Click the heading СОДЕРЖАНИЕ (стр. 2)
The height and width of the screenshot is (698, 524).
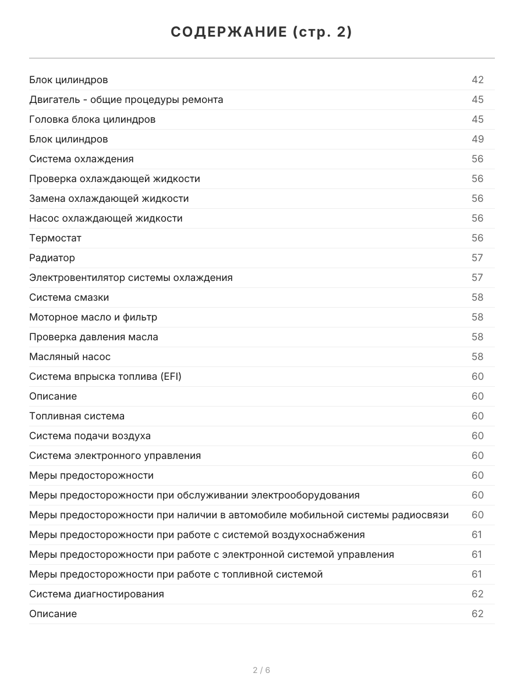[x=261, y=33]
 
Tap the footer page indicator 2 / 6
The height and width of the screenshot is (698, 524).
[x=261, y=670]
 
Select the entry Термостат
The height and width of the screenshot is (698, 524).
[x=55, y=238]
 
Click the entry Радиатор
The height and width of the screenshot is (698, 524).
[x=52, y=258]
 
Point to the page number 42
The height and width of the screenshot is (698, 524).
[x=477, y=80]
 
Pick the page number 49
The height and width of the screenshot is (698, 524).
[x=477, y=139]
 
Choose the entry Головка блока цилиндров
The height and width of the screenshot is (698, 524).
[x=92, y=119]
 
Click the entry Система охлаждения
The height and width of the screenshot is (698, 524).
[x=81, y=159]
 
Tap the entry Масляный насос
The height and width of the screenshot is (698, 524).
[x=70, y=357]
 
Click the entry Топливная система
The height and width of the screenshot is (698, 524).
[x=77, y=416]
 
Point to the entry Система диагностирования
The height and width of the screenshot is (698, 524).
[x=96, y=594]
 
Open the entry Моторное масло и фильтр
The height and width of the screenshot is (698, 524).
[x=93, y=317]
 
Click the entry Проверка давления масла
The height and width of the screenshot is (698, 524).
[x=93, y=337]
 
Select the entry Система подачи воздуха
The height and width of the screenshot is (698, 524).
[x=90, y=436]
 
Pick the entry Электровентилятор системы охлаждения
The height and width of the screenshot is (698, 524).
[x=130, y=277]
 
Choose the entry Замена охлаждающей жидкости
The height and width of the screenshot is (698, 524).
[x=109, y=198]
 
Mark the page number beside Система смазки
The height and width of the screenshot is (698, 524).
[x=477, y=297]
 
